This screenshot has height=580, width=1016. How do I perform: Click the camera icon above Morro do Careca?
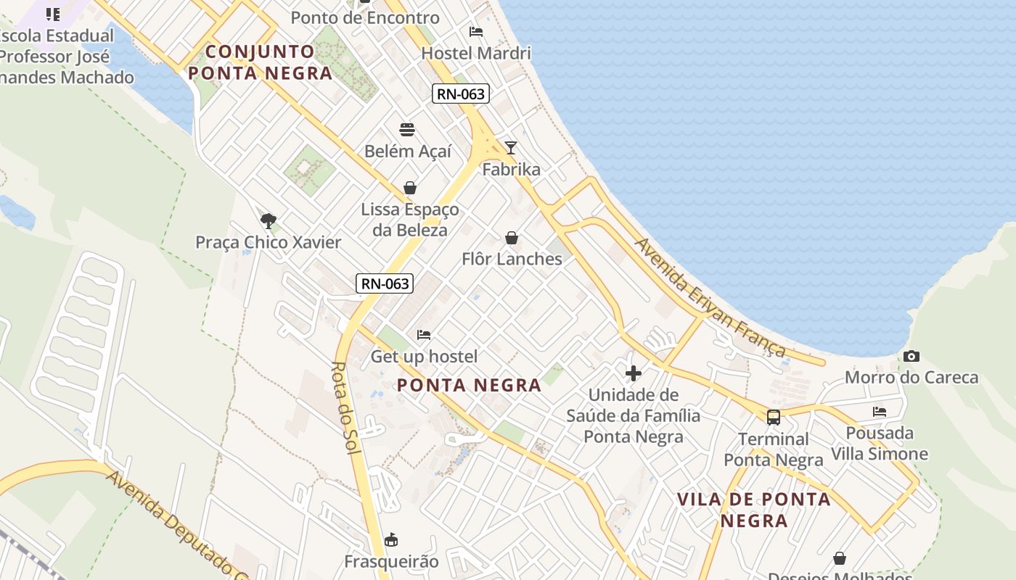click(911, 356)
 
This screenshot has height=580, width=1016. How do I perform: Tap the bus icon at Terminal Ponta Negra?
click(774, 417)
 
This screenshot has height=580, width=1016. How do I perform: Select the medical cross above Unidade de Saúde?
click(634, 373)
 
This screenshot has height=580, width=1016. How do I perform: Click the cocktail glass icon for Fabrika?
click(511, 148)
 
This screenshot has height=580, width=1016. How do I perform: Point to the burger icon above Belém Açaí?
click(407, 130)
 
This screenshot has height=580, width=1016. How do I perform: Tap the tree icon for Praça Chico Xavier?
click(268, 220)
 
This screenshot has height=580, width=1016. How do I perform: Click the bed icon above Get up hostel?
click(424, 335)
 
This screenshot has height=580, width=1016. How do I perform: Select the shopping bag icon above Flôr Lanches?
click(512, 238)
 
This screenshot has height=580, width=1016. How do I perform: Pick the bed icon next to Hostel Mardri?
click(476, 32)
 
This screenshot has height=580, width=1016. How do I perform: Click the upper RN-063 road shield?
click(461, 94)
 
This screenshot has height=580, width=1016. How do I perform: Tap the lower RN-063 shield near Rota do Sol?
click(385, 283)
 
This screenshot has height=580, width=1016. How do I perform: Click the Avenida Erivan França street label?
click(710, 298)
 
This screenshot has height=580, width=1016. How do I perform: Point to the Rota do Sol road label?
click(346, 408)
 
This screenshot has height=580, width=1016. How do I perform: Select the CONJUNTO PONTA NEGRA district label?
click(260, 62)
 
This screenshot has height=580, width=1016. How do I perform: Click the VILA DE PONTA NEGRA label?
click(754, 510)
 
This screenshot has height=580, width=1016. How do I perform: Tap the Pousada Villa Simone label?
click(880, 444)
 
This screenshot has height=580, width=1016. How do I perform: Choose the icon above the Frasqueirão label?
click(391, 540)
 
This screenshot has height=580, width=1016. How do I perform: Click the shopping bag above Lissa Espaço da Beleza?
click(410, 188)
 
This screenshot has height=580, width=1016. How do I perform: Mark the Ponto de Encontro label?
click(365, 17)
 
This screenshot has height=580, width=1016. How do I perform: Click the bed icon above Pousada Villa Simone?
click(880, 412)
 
